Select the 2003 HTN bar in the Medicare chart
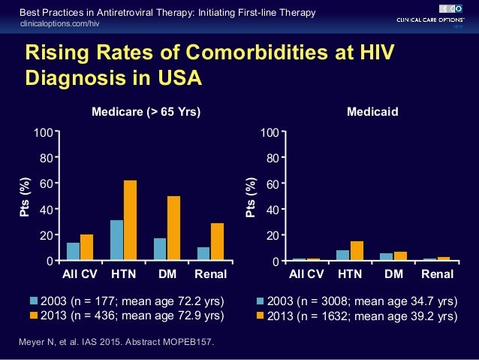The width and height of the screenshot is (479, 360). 116,240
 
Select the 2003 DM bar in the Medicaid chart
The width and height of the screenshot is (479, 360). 386,256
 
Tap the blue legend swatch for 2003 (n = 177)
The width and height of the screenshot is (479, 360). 35,301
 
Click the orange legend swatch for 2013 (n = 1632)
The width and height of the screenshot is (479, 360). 261,315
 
